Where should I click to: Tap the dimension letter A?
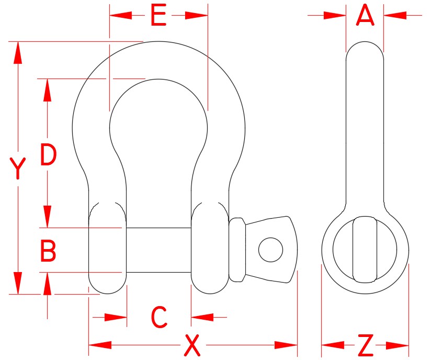[365, 16]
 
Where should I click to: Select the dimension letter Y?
[18, 168]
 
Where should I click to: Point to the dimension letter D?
[48, 155]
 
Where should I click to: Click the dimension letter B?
[48, 252]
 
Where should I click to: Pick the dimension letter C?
[158, 317]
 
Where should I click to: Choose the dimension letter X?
[193, 345]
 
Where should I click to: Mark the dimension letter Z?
[366, 345]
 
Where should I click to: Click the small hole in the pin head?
[270, 249]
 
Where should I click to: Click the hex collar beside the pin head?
[236, 250]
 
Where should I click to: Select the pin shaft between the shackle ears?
[158, 250]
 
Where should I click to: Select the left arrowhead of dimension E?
[119, 16]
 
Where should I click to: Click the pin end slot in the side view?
[365, 250]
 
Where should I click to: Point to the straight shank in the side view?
[365, 131]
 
